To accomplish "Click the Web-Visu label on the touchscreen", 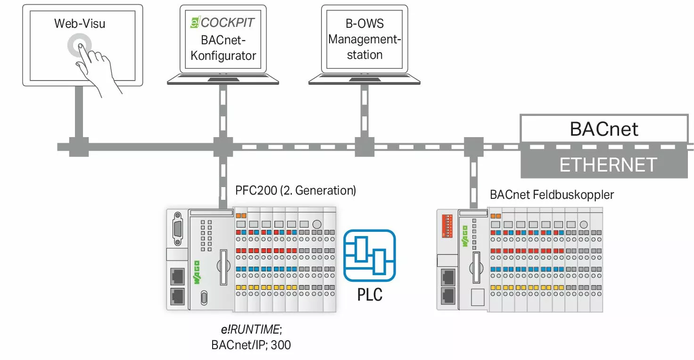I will click(x=79, y=24).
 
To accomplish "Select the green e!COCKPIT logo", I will click(x=195, y=23).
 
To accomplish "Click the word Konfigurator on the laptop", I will click(x=223, y=56).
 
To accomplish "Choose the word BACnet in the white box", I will click(x=604, y=129).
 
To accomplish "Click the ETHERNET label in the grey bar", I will click(x=608, y=165).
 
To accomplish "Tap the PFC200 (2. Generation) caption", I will click(x=296, y=191).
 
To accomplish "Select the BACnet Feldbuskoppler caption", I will click(x=552, y=195).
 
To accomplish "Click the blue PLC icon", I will click(x=369, y=255).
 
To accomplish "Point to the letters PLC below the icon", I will click(x=369, y=295).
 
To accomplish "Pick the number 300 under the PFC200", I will click(x=281, y=345).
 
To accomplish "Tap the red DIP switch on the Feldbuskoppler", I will click(x=447, y=225).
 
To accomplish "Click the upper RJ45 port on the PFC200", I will click(x=177, y=276).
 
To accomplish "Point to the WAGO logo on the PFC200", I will click(x=197, y=272).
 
